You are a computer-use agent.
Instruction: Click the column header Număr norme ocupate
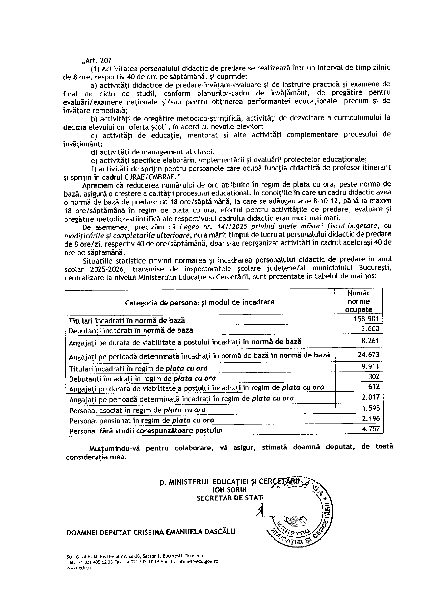359,301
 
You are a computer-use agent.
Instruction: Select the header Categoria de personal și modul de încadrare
199,302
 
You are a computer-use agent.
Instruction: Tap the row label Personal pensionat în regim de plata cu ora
141,421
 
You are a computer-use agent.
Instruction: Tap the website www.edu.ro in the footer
80,569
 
